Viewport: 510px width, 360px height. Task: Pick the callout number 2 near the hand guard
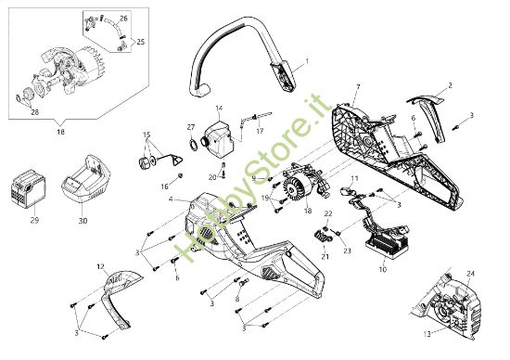pos(450,85)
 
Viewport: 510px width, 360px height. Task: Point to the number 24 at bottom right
pos(470,273)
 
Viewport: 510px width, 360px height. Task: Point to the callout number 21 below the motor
pos(299,257)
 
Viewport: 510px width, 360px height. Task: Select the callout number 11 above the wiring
pos(353,174)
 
